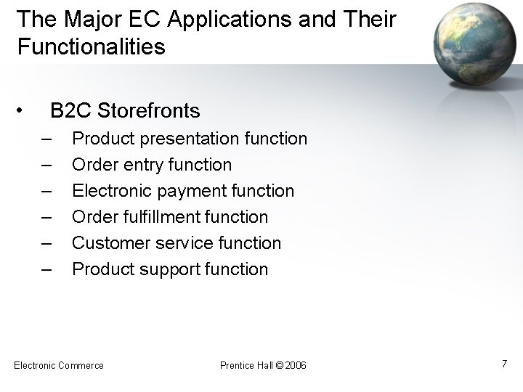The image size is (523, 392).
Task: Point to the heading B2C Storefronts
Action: (x=124, y=111)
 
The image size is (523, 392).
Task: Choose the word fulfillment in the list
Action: (x=165, y=217)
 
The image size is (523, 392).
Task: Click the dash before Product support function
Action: (x=47, y=269)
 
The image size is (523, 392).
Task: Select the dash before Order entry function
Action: (x=47, y=165)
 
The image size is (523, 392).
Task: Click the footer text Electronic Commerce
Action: (x=59, y=365)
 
